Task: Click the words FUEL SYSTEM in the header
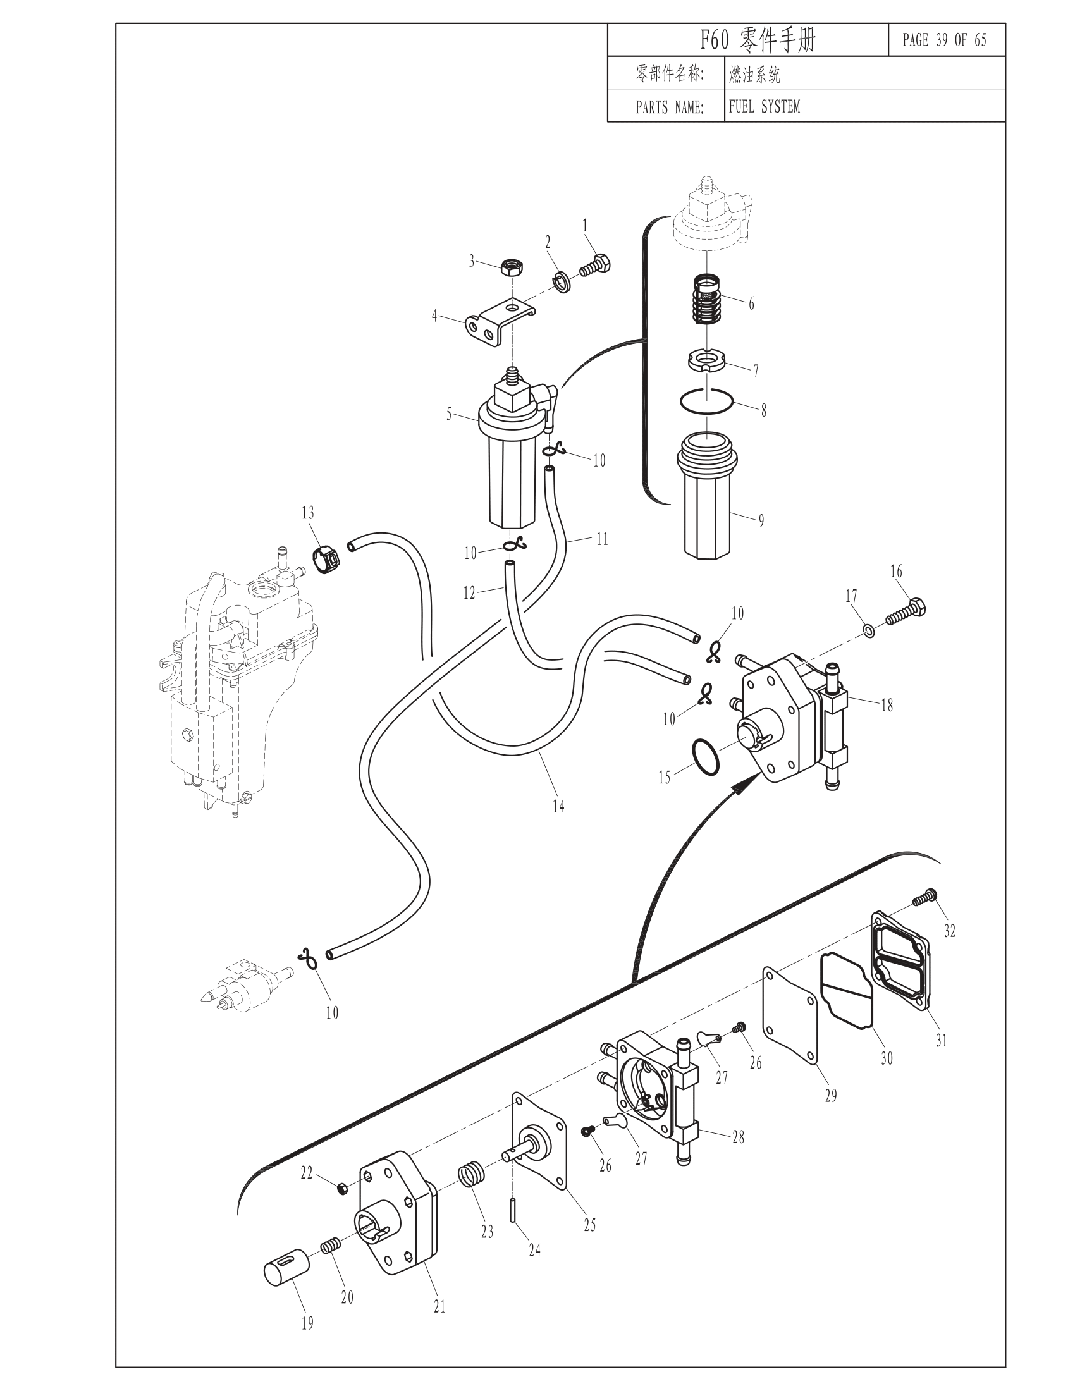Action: [x=764, y=106]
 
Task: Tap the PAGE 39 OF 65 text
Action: [x=945, y=40]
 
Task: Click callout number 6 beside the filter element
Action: [x=751, y=303]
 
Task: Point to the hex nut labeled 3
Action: [x=511, y=267]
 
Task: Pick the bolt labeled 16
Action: [x=906, y=611]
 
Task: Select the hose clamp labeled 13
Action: [x=328, y=559]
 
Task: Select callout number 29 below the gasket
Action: [x=830, y=1095]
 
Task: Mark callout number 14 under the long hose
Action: [x=558, y=806]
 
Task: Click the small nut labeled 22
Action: [x=341, y=1187]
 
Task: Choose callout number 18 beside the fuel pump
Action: [x=887, y=706]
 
